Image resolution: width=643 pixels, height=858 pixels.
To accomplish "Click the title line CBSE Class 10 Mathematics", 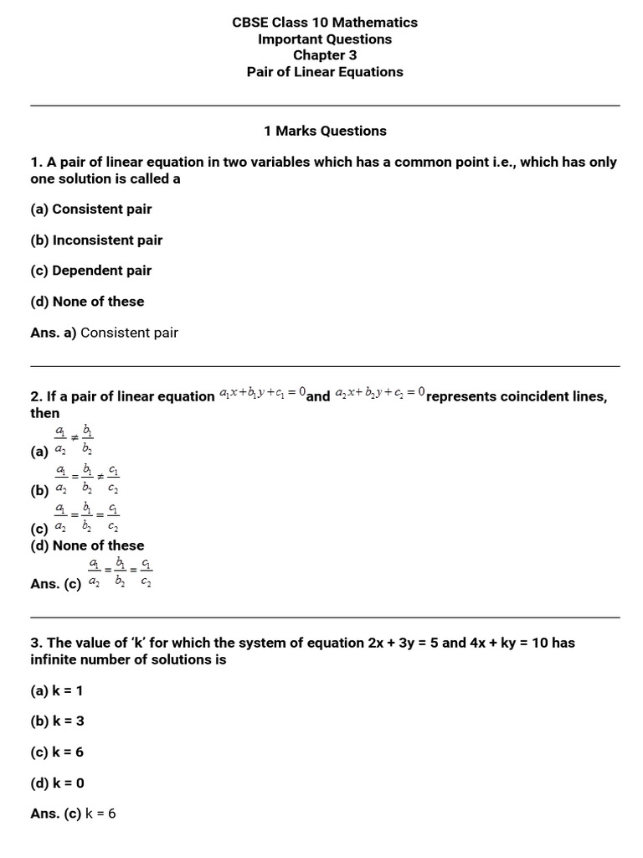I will (x=324, y=23).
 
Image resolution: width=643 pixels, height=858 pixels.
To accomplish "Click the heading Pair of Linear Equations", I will (x=324, y=72).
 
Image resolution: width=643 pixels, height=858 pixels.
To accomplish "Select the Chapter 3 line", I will (x=324, y=55).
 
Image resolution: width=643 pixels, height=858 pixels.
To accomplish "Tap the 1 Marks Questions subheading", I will (x=324, y=131).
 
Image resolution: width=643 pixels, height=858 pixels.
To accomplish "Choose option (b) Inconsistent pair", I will (x=96, y=240).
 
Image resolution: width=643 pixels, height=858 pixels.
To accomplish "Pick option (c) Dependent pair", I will (x=91, y=271).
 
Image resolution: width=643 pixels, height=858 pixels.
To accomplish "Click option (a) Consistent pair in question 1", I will (x=91, y=209).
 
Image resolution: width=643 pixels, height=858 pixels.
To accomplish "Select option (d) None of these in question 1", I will (x=87, y=302).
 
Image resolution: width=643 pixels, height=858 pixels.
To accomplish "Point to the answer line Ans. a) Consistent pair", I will (x=105, y=333).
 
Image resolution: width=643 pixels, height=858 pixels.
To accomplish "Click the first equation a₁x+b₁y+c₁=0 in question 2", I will (x=263, y=392).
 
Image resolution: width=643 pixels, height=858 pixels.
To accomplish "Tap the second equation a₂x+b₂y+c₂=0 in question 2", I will (x=380, y=392).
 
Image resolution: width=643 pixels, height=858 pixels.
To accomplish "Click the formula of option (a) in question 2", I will (x=75, y=440).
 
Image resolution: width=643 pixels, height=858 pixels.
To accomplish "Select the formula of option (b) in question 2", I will (x=87, y=479).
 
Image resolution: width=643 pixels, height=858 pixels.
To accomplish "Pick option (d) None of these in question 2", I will (x=87, y=545).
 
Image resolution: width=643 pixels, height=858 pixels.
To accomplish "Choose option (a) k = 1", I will (x=57, y=690).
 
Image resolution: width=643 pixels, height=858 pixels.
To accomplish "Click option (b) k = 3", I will (x=57, y=721).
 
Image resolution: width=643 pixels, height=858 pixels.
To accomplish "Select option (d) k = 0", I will (x=57, y=783).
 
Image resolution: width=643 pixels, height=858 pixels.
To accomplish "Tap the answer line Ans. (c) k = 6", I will (x=74, y=814).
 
